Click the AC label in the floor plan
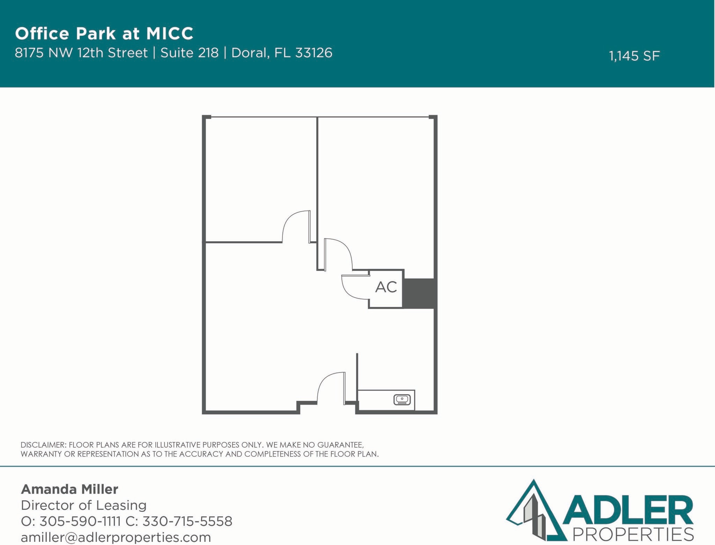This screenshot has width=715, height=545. click(386, 287)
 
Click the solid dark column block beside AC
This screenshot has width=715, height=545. click(419, 293)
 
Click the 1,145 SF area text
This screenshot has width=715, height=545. click(634, 56)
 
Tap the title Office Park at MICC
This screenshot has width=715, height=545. click(104, 34)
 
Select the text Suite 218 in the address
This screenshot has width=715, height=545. click(189, 53)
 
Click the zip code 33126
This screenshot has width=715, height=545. click(314, 53)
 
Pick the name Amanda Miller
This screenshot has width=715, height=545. click(69, 489)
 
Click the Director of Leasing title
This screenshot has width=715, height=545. click(83, 505)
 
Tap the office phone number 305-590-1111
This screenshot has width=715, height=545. click(80, 521)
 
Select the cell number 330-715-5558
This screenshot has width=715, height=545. click(187, 521)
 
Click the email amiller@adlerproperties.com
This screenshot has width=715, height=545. click(116, 537)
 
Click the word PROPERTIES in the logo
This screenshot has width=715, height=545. click(633, 535)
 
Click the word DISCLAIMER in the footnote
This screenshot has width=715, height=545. click(43, 445)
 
